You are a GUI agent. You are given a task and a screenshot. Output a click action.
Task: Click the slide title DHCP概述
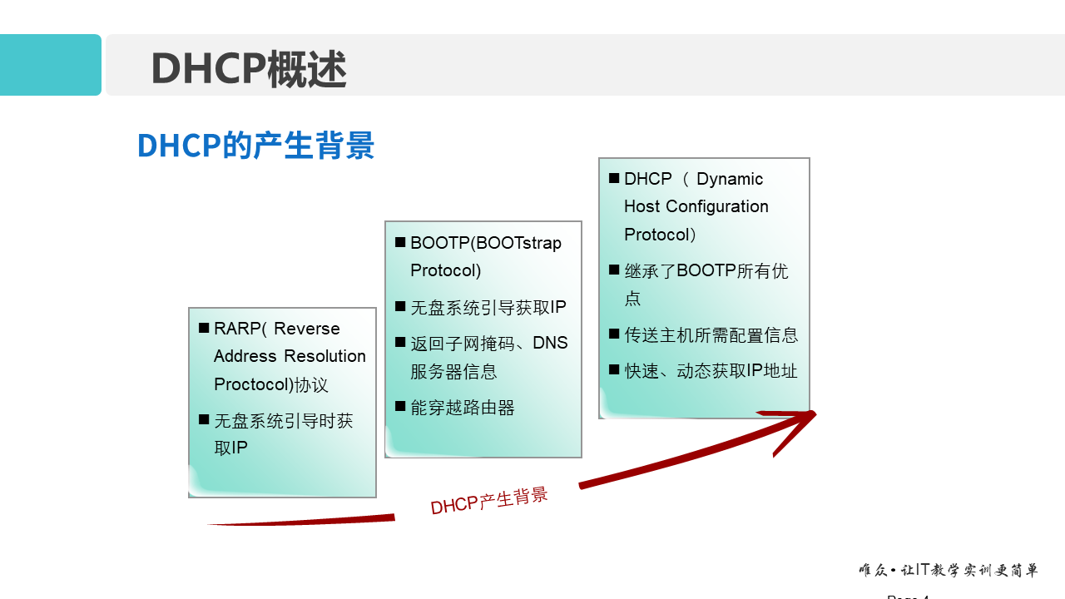248,68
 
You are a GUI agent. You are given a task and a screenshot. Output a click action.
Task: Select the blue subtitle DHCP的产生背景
255,145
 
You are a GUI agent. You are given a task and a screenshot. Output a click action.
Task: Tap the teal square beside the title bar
50,65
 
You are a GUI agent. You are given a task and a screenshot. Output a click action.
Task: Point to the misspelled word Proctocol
253,384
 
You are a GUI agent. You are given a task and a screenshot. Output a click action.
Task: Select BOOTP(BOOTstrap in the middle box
485,243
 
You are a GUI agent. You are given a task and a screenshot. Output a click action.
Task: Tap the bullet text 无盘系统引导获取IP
488,308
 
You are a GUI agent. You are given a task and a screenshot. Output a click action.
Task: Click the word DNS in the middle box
550,343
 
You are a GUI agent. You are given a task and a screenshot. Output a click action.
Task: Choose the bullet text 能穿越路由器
462,408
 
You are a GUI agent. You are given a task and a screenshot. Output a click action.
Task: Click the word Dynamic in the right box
730,179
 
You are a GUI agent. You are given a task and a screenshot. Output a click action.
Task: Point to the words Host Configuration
696,206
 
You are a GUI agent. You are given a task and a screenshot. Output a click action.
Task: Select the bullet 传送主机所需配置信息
711,335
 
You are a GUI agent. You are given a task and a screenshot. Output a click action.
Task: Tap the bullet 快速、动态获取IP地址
711,371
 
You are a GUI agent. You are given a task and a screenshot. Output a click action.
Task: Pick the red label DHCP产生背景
489,501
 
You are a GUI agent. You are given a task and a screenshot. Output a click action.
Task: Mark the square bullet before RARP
204,329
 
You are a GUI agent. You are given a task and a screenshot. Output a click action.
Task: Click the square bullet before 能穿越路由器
400,407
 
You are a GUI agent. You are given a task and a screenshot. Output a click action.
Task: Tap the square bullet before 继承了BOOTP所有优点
614,270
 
